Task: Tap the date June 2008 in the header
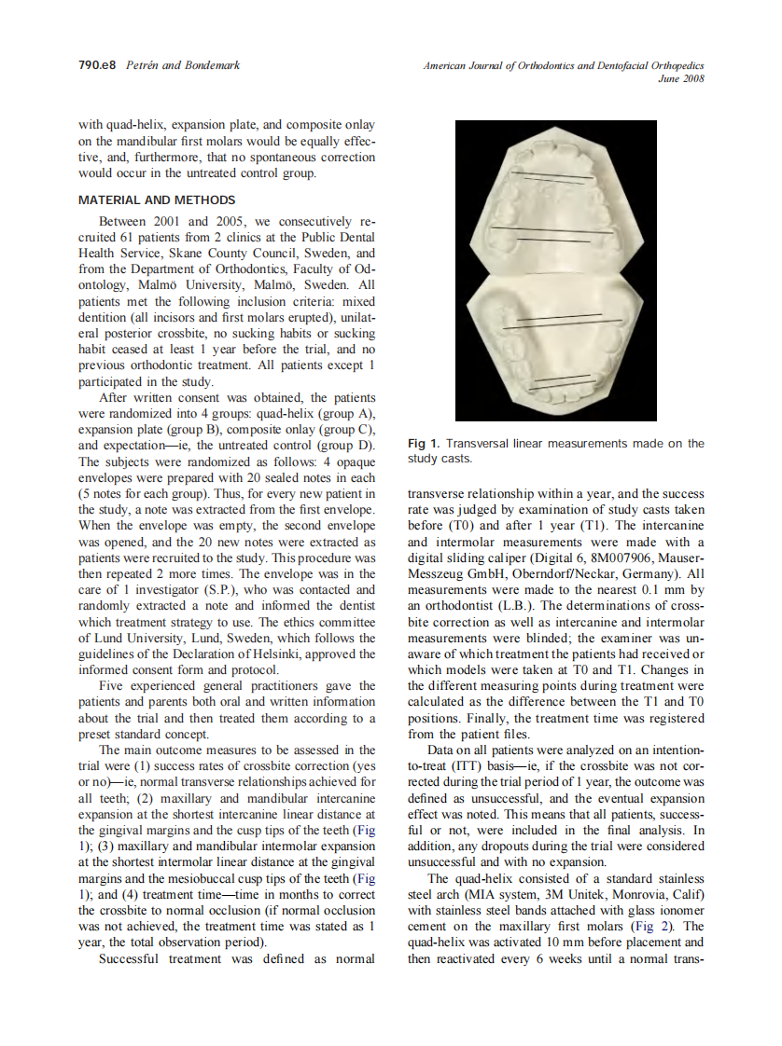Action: pos(681,79)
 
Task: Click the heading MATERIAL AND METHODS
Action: pos(157,200)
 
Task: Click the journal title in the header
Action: pos(563,65)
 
